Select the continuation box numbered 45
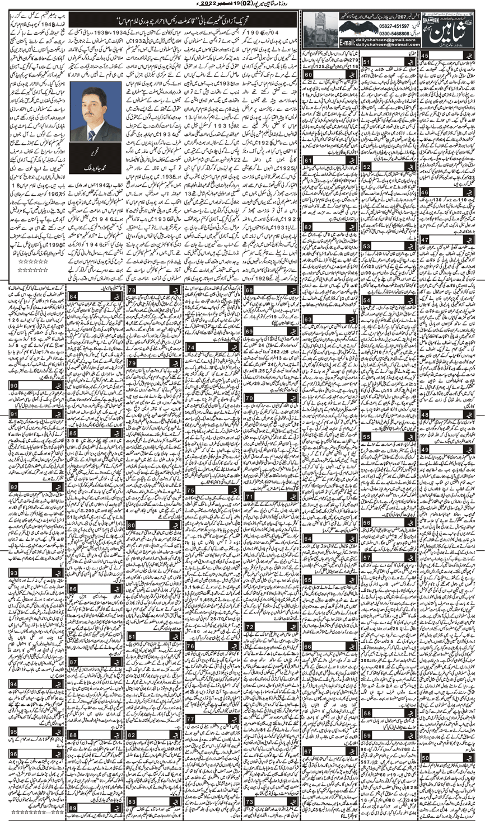point(425,55)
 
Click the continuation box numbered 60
point(307,74)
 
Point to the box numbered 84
point(73,295)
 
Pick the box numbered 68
point(249,290)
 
